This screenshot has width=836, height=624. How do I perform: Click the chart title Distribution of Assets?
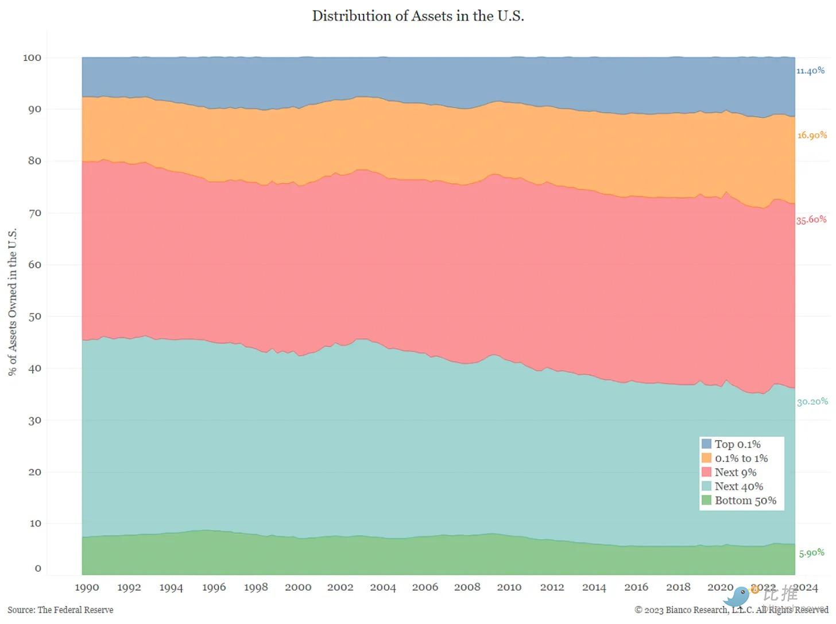tap(417, 16)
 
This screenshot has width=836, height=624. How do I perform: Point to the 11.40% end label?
tap(810, 71)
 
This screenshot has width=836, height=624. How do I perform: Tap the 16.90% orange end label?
tap(811, 135)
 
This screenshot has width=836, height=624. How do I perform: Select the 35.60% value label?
tap(811, 219)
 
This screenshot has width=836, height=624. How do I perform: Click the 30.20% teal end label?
tap(812, 402)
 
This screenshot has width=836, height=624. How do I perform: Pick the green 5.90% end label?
tap(811, 553)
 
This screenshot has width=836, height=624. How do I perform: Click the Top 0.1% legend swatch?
tap(706, 444)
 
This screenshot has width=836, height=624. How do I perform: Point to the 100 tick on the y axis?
tap(32, 57)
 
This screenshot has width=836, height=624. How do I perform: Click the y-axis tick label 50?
tap(34, 317)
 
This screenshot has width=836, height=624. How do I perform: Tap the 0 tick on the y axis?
tap(38, 568)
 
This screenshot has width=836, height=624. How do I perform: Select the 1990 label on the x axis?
tap(87, 587)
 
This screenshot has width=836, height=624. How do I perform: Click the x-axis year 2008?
tap(467, 587)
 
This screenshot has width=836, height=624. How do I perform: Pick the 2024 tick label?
tap(805, 587)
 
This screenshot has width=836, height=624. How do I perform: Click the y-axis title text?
tap(13, 302)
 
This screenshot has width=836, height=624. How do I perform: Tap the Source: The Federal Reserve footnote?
tap(60, 610)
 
